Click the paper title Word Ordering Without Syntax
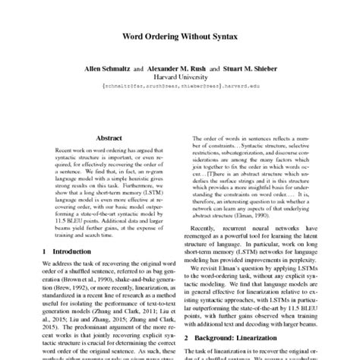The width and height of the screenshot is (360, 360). pyautogui.click(x=180, y=35)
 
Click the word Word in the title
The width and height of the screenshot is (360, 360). pyautogui.click(x=131, y=35)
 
